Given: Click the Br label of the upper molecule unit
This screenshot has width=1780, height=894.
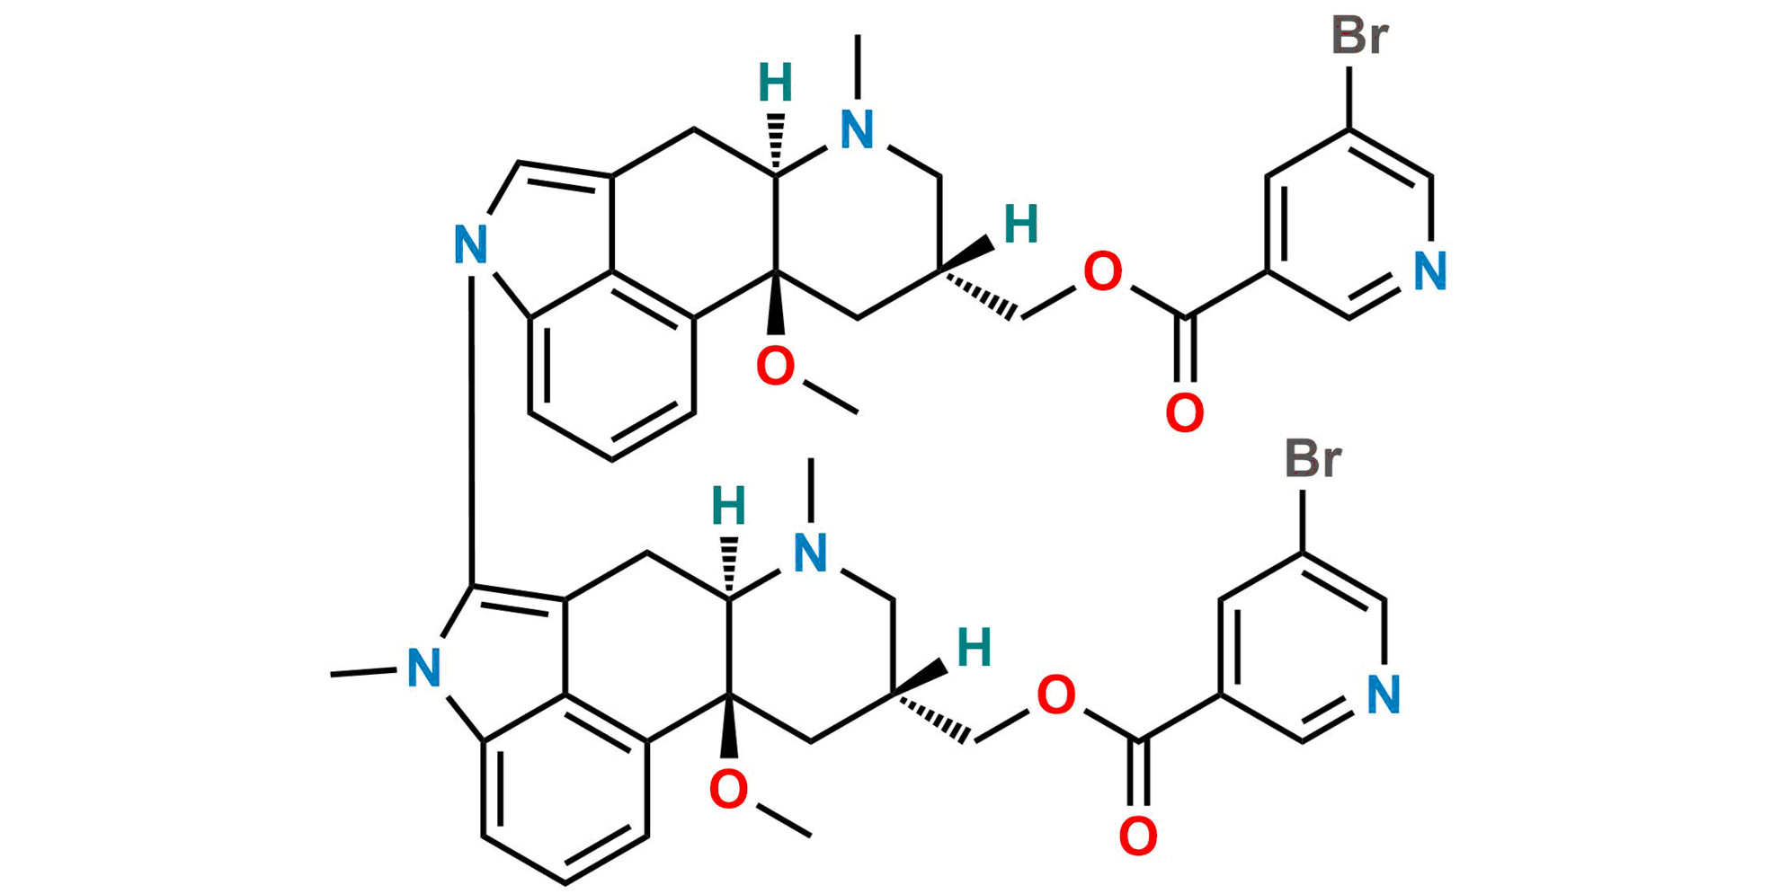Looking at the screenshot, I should point(1360,36).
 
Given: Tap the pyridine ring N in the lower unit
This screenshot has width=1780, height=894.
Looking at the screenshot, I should point(1383,693).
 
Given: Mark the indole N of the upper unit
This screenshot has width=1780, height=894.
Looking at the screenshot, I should point(469,244).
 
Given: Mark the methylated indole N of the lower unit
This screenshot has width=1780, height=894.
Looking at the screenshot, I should point(423,668).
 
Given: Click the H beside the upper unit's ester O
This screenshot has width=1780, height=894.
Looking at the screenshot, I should point(1021,224).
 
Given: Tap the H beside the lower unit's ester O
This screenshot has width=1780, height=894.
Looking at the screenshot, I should point(975,648).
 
